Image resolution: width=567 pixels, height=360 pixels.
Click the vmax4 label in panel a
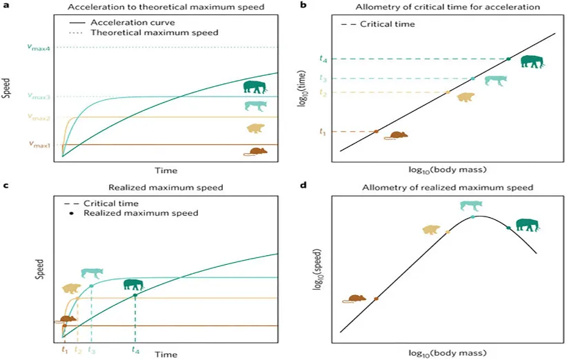pyautogui.click(x=39, y=48)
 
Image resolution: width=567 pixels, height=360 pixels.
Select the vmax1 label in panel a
pyautogui.click(x=40, y=145)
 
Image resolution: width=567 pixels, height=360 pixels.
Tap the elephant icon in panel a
pyautogui.click(x=255, y=87)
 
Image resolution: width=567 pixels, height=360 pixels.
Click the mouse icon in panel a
pyautogui.click(x=255, y=152)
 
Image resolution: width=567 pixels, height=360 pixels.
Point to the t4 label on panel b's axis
pyautogui.click(x=324, y=59)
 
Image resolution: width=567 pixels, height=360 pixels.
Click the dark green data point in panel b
pyautogui.click(x=508, y=59)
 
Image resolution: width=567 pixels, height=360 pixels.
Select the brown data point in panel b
pyautogui.click(x=376, y=132)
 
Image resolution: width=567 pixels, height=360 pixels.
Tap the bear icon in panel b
pyautogui.click(x=466, y=97)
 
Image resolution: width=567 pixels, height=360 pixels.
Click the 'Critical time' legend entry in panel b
pyautogui.click(x=378, y=24)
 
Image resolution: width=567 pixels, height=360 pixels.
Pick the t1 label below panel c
pyautogui.click(x=65, y=350)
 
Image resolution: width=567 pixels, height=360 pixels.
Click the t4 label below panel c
pyautogui.click(x=135, y=350)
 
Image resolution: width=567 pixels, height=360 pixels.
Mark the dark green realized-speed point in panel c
pyautogui.click(x=135, y=295)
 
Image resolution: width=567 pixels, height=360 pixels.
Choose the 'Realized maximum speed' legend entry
pyautogui.click(x=134, y=213)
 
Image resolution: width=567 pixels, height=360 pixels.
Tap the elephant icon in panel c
pyautogui.click(x=133, y=284)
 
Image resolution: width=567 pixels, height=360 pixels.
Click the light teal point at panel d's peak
pyautogui.click(x=472, y=217)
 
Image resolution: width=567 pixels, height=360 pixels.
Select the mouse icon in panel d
pyautogui.click(x=355, y=299)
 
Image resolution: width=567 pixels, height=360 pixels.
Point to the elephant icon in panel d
pyautogui.click(x=528, y=226)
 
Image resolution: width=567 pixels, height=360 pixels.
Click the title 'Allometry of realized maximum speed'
pyautogui.click(x=448, y=187)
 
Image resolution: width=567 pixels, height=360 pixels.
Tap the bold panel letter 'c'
pyautogui.click(x=6, y=186)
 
